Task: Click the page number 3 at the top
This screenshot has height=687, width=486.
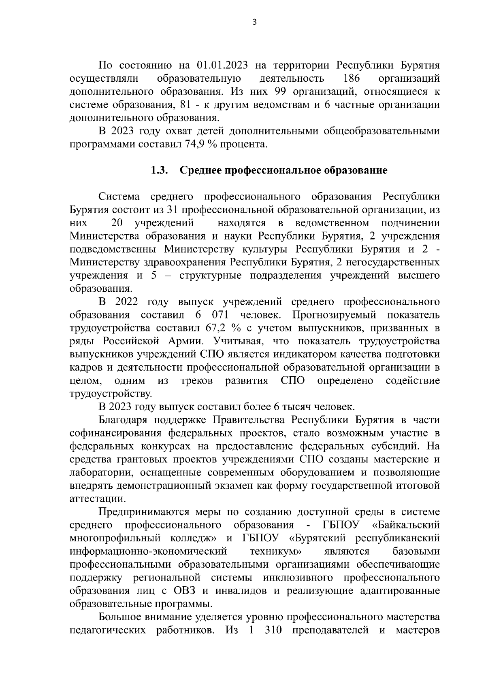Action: click(254, 23)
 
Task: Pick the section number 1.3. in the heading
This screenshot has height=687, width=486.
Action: click(160, 170)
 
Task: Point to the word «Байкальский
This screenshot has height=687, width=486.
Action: click(405, 525)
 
